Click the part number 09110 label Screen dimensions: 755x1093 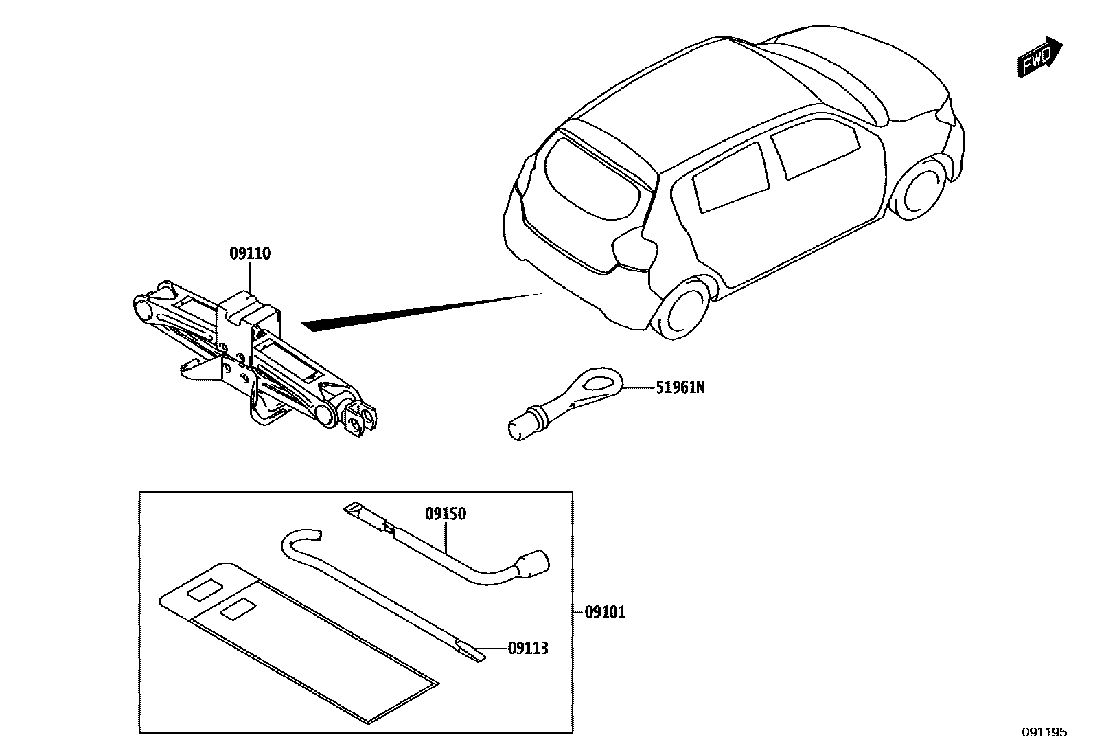click(x=250, y=254)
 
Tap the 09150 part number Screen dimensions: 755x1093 click(x=446, y=514)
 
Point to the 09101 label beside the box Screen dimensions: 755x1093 click(x=605, y=612)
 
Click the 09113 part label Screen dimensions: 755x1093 click(x=528, y=648)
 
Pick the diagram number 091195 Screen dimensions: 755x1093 click(x=1044, y=732)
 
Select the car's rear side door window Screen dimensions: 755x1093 click(x=731, y=176)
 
